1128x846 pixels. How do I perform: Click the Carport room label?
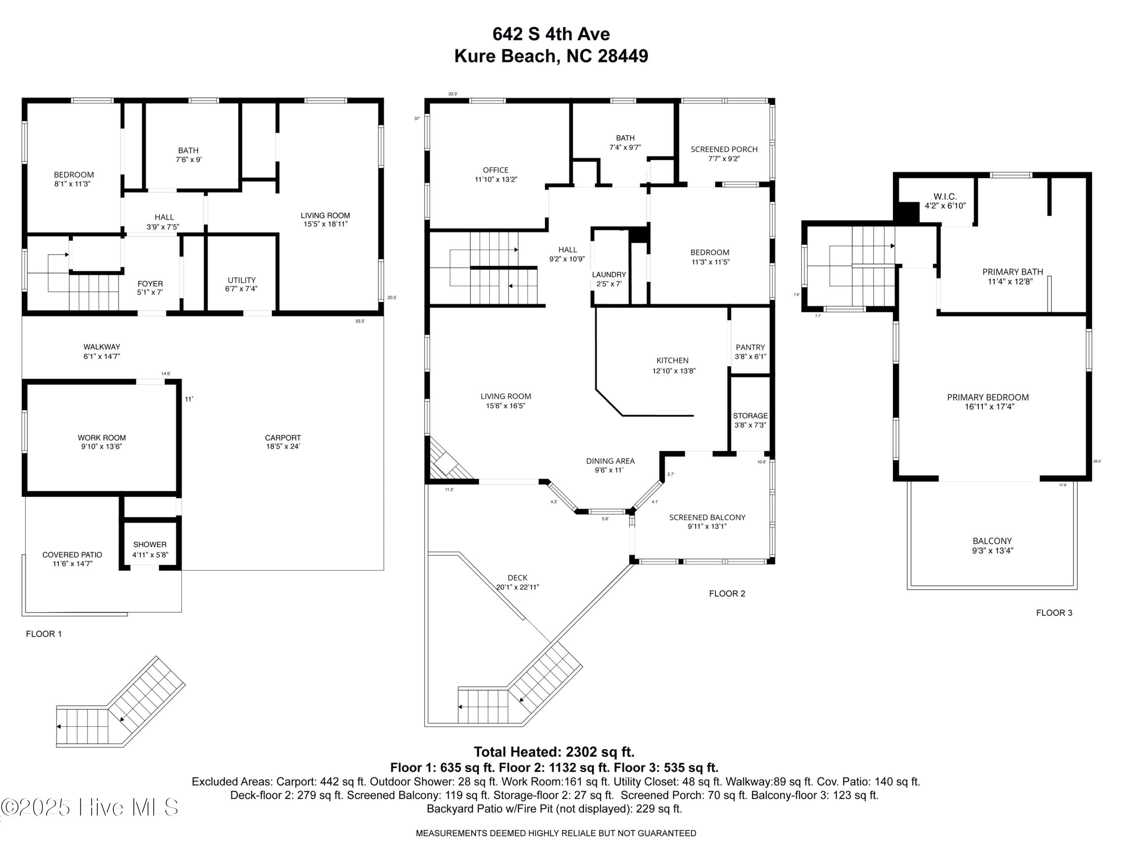[282, 438]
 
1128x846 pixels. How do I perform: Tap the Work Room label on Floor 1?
[102, 438]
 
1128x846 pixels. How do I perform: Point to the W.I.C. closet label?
[945, 196]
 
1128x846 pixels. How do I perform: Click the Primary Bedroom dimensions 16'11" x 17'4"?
[987, 406]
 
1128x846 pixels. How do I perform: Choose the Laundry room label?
[608, 274]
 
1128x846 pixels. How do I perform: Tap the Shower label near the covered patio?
[150, 544]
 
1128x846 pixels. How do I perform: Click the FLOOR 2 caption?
[727, 594]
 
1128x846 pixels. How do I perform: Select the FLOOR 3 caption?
[1054, 613]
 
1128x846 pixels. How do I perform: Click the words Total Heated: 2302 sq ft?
[554, 752]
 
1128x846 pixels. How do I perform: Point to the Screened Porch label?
[724, 149]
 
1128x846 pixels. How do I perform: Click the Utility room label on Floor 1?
[241, 280]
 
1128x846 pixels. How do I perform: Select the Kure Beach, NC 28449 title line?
[551, 56]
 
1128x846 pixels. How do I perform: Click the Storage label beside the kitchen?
[750, 415]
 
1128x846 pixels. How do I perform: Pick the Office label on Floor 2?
[495, 170]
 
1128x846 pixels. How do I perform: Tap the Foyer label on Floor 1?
[150, 284]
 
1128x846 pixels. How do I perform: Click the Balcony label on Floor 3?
[992, 541]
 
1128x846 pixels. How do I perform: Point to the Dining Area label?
[610, 461]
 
